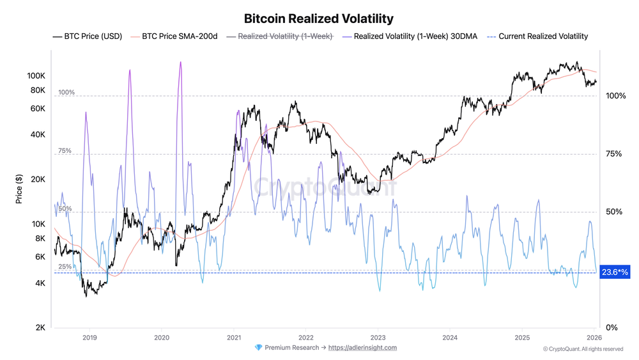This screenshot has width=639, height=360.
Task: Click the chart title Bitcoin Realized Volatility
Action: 319,19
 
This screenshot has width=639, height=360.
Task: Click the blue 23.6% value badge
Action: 615,272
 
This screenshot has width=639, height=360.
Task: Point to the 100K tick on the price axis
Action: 36,75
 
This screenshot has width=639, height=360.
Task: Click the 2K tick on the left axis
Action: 40,328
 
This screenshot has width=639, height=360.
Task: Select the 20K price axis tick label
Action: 38,180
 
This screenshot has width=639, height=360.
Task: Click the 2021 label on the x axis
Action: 234,337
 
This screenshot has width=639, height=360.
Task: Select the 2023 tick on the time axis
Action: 378,337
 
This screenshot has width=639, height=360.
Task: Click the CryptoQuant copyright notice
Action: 583,349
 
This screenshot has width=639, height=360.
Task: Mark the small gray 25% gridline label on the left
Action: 65,267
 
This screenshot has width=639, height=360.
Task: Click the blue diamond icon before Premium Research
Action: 258,348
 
